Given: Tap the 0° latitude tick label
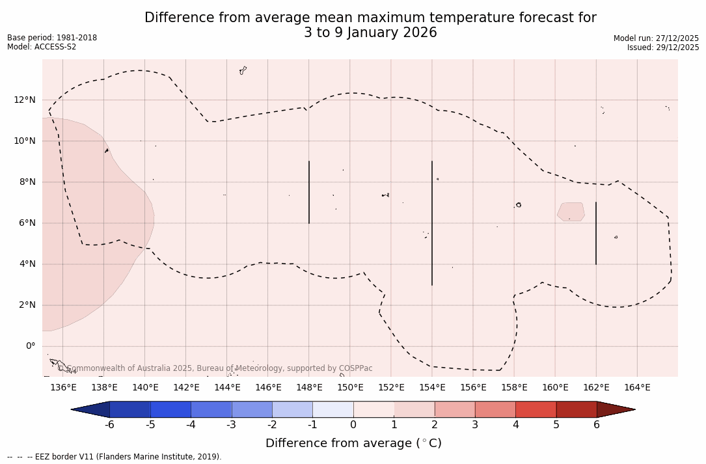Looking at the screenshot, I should pos(30,346).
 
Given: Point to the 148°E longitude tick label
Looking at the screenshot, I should pos(309,388).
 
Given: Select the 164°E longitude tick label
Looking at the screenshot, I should pos(637,388).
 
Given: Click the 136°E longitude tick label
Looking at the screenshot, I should pos(63,388).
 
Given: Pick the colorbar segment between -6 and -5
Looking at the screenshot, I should pos(130,409).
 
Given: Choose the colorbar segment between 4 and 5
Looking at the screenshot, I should pos(536,409).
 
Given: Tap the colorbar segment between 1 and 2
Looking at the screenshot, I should pos(414,409).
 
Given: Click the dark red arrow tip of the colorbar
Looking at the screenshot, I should pos(615,409).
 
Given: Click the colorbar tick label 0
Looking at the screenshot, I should pos(353,425).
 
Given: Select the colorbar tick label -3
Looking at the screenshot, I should pos(231,425).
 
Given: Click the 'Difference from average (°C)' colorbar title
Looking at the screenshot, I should pos(353,443).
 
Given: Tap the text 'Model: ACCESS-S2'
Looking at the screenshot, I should pos(42,47).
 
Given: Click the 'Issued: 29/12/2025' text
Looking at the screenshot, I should pos(663,48).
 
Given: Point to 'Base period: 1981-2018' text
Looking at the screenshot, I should pos(52,38).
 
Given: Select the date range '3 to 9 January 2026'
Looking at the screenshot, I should pos(370,33).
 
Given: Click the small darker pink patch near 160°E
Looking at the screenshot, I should pos(571,212).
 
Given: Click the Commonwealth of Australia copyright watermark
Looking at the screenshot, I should pos(215,368).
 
